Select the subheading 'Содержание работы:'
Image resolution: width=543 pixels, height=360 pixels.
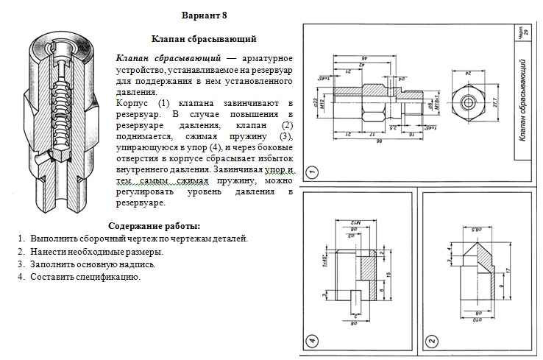(154, 226)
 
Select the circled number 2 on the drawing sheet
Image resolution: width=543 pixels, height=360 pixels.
(431, 341)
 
